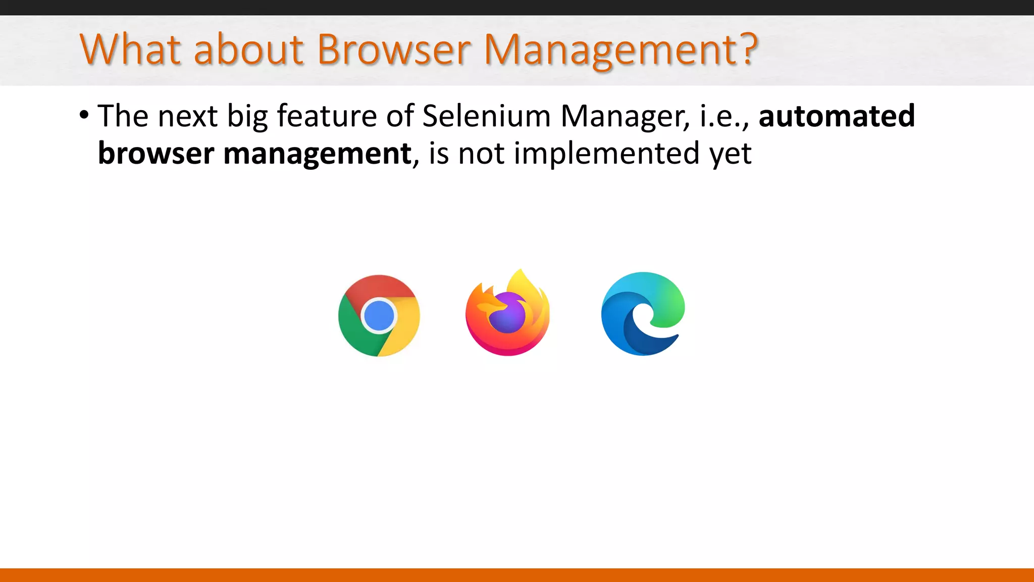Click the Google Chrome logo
pyautogui.click(x=379, y=316)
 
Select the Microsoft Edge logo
pyautogui.click(x=643, y=314)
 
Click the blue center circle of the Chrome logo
pyautogui.click(x=379, y=315)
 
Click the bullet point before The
pyautogui.click(x=84, y=115)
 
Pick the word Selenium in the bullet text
pyautogui.click(x=486, y=116)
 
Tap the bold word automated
pyautogui.click(x=837, y=116)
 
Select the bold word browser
pyautogui.click(x=156, y=153)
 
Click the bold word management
pyautogui.click(x=317, y=154)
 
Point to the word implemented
pyautogui.click(x=606, y=154)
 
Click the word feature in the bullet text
pyautogui.click(x=327, y=116)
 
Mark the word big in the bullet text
pyautogui.click(x=247, y=117)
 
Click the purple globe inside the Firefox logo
pyautogui.click(x=507, y=314)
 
